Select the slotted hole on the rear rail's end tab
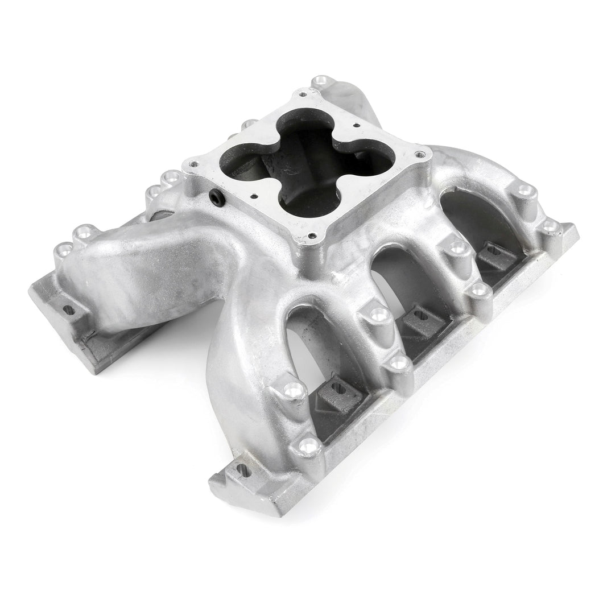[x=69, y=309]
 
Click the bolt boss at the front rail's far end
[x=550, y=226]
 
